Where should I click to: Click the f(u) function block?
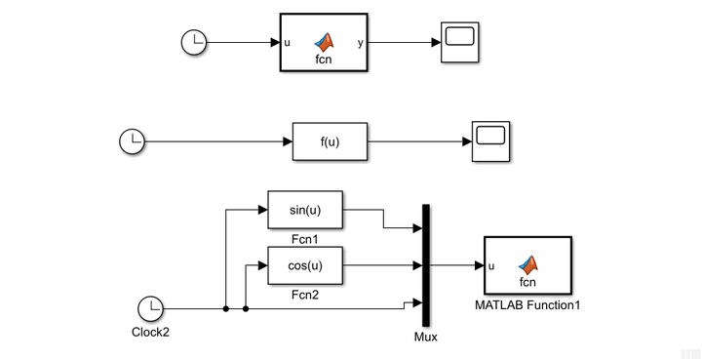pos(330,141)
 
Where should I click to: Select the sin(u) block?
pos(304,209)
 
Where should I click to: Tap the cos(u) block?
pos(304,265)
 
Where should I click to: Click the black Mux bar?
pos(426,265)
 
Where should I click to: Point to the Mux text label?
pos(426,338)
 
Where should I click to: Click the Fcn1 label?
pos(304,237)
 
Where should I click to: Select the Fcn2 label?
pos(304,294)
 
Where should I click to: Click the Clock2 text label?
pos(151,332)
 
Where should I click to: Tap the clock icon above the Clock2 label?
pos(151,309)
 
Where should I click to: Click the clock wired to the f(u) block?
pos(132,141)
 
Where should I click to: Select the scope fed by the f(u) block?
pos(491,141)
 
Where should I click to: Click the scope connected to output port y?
pos(458,43)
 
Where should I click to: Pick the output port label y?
pos(362,43)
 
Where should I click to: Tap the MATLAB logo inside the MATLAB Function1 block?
pos(527,263)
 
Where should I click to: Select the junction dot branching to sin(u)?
pos(226,309)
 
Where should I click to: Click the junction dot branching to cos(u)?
pos(245,309)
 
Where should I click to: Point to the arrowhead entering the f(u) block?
pos(288,141)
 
